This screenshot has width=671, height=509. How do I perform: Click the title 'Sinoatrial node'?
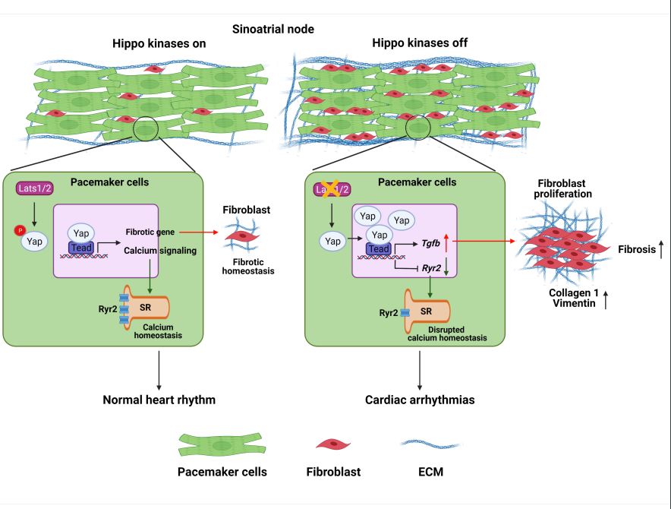[x=273, y=29]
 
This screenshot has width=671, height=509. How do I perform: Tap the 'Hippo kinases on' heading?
[x=159, y=43]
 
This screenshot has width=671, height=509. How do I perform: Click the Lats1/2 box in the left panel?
[x=34, y=188]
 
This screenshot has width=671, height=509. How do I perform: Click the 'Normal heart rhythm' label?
[x=159, y=400]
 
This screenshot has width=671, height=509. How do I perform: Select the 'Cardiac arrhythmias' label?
[x=420, y=400]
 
